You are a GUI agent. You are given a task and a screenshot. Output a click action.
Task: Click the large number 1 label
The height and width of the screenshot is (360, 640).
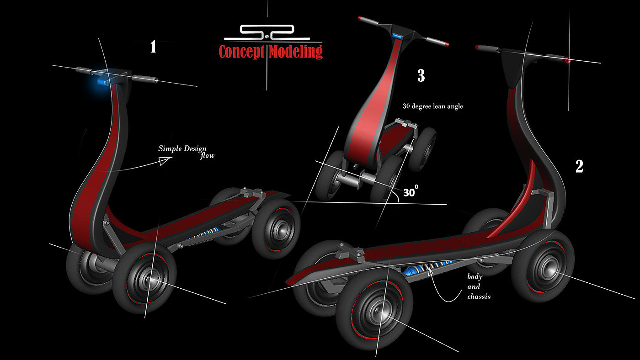click(x=153, y=47)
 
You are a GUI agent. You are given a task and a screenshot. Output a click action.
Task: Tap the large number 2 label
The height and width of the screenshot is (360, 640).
click(x=579, y=166)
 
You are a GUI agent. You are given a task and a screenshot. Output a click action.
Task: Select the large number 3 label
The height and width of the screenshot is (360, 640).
click(x=421, y=76)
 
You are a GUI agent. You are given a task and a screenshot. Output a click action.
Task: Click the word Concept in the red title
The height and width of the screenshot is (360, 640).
click(x=242, y=51)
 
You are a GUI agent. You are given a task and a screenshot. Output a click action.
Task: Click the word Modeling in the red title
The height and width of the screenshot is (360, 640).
click(x=295, y=51)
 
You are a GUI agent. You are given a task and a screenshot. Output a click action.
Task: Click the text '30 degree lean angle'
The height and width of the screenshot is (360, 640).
click(x=432, y=106)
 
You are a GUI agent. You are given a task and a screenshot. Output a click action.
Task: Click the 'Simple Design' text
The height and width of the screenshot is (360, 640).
click(x=182, y=148)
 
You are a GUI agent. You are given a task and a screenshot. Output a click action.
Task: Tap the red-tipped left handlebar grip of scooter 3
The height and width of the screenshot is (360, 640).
click(x=361, y=19)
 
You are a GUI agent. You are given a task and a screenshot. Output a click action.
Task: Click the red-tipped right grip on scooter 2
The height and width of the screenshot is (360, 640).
click(x=567, y=60)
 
